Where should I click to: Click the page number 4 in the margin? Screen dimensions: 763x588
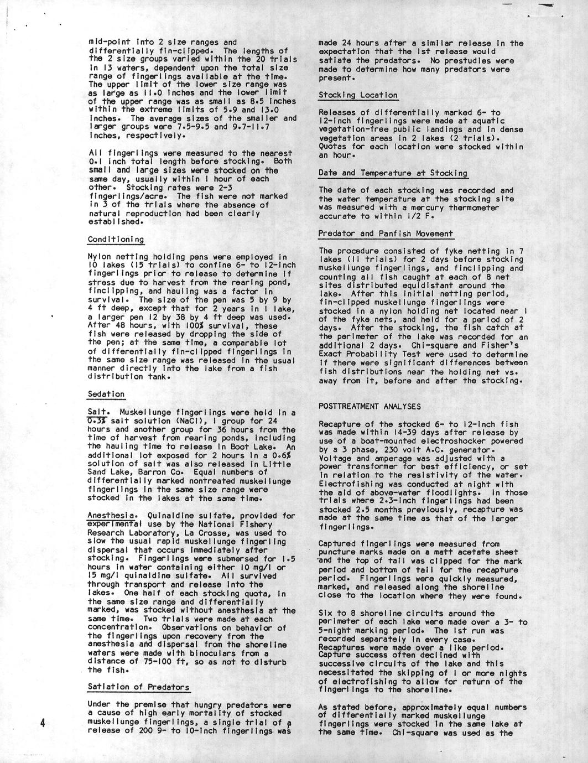(x=42, y=724)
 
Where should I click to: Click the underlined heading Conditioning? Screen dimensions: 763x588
(x=116, y=240)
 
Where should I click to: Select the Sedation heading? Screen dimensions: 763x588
(x=106, y=394)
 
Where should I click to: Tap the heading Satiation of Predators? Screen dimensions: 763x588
(x=138, y=687)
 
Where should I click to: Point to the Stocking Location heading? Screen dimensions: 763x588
(x=357, y=95)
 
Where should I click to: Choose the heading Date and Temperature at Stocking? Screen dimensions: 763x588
(x=392, y=173)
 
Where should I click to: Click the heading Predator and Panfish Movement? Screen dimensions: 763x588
(x=386, y=233)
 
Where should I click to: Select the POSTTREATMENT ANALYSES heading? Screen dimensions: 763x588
(x=370, y=407)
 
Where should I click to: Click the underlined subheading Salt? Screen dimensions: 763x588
(x=96, y=412)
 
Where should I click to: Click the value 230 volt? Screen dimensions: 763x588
(x=386, y=450)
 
